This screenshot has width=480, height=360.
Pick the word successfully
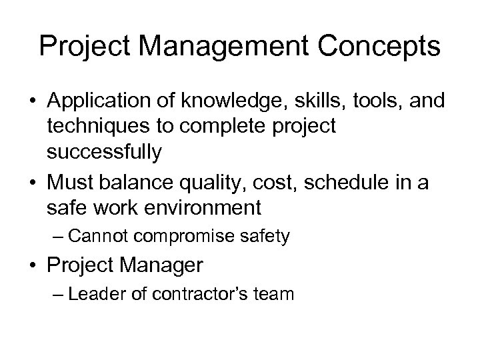tap(104, 153)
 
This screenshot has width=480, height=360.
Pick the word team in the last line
tap(273, 294)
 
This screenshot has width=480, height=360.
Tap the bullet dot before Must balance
tap(33, 179)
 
